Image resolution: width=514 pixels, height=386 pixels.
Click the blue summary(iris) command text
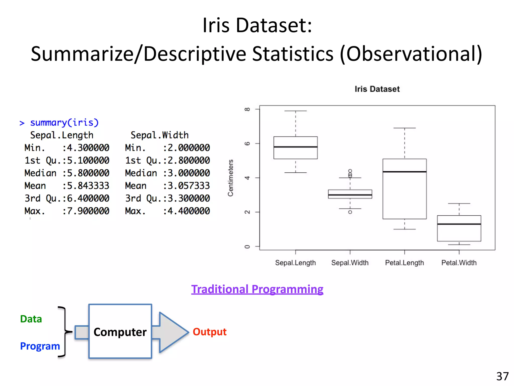[64, 123]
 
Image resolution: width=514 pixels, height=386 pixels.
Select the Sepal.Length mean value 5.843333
[86, 186]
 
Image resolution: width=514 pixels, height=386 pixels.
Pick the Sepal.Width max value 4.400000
[186, 211]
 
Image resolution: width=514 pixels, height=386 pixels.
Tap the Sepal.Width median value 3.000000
[186, 173]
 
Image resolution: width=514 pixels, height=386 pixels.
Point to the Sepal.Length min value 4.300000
[86, 148]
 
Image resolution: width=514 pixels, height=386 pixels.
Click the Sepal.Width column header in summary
[160, 135]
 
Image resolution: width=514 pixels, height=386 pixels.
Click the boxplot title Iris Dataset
[377, 89]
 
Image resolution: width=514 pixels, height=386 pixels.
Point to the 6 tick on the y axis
[247, 143]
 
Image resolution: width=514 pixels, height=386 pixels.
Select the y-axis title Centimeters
[230, 178]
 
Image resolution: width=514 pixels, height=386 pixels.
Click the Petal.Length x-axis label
[404, 263]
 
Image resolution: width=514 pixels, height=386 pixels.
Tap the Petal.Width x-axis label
[459, 263]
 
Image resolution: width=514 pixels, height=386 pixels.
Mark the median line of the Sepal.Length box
[295, 147]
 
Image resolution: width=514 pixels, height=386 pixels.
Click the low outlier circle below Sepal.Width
[350, 212]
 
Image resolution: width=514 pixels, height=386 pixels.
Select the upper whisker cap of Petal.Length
[404, 128]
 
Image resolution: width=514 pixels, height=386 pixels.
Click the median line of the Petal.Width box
[459, 224]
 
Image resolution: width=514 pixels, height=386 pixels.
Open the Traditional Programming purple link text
[257, 289]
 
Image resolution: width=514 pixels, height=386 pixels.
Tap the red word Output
[210, 332]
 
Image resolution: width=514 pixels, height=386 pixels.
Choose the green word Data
[31, 319]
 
